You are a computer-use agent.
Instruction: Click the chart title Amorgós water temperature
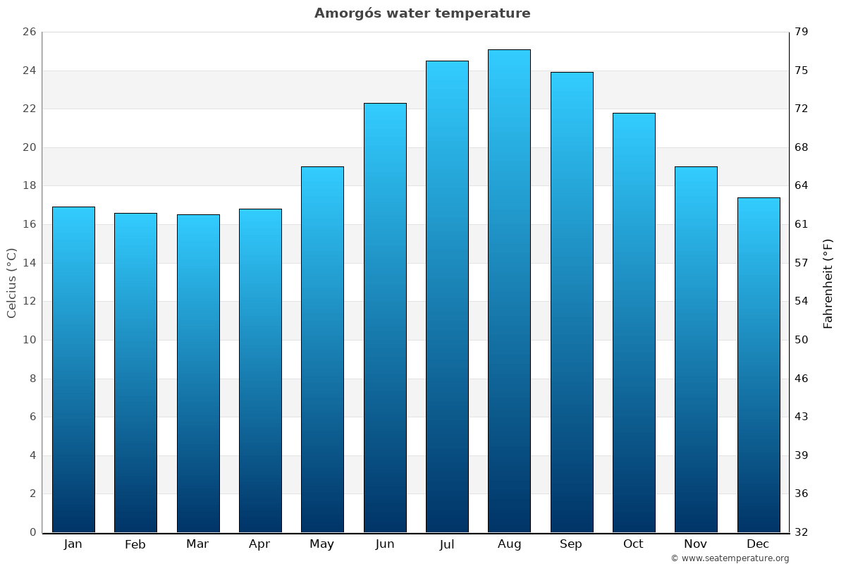422,13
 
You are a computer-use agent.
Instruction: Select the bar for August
509,290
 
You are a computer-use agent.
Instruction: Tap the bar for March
198,373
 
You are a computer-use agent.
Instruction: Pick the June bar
385,317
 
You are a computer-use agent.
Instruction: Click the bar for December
759,364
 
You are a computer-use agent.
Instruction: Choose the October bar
634,322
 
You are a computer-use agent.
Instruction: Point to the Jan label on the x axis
73,544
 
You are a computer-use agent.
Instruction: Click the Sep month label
571,544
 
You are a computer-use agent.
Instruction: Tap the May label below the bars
322,544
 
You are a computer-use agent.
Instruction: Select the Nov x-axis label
696,544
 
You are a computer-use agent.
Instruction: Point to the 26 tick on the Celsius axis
29,32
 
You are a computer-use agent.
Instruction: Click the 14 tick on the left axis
29,263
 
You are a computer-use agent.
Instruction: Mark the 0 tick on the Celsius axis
32,532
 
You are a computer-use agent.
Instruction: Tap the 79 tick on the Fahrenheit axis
802,32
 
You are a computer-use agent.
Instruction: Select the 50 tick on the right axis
802,340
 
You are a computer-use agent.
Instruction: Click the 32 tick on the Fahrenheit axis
802,532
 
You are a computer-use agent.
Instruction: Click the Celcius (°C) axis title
12,283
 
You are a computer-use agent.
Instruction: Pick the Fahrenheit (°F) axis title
828,283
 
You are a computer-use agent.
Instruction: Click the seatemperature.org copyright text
730,558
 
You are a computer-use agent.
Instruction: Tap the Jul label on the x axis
447,544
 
